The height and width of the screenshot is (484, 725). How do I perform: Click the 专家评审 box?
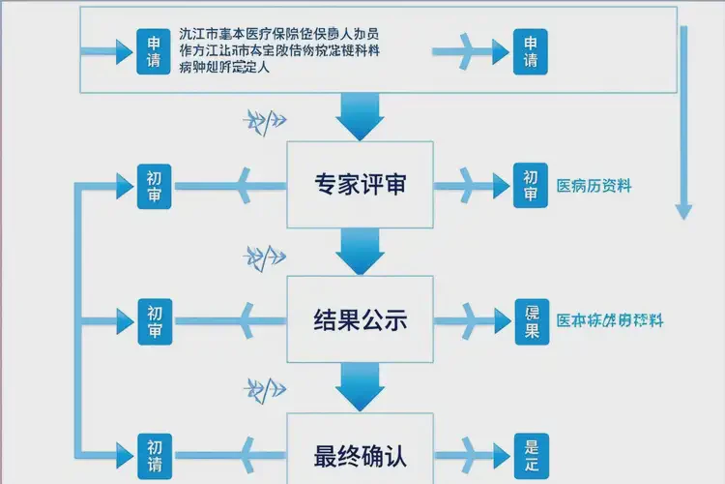pyautogui.click(x=361, y=185)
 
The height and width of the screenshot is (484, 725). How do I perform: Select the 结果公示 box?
pyautogui.click(x=361, y=320)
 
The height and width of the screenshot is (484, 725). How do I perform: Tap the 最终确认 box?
pyautogui.click(x=361, y=454)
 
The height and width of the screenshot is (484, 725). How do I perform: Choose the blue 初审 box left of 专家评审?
pyautogui.click(x=154, y=186)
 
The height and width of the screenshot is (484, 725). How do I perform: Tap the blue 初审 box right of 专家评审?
pyautogui.click(x=531, y=186)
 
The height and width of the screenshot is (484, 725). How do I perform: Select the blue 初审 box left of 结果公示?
pyautogui.click(x=154, y=320)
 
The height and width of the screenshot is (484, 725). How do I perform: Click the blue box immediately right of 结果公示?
pyautogui.click(x=531, y=320)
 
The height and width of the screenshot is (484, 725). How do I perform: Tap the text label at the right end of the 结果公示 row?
pyautogui.click(x=608, y=320)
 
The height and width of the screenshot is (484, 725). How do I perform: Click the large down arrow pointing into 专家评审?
pyautogui.click(x=361, y=117)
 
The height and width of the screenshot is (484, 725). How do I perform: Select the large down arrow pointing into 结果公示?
pyautogui.click(x=361, y=254)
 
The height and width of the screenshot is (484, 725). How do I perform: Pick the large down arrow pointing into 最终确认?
pyautogui.click(x=361, y=389)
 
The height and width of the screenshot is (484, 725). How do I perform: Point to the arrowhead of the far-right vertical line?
pyautogui.click(x=683, y=209)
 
